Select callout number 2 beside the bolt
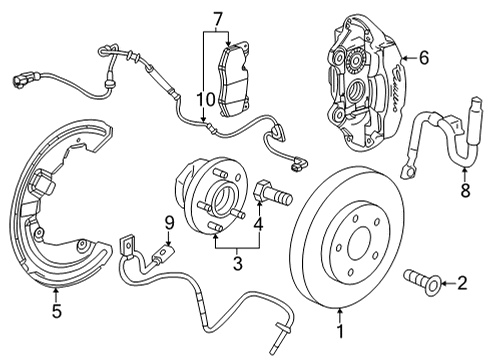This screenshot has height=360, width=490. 461,283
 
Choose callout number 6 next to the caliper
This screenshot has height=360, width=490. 424,59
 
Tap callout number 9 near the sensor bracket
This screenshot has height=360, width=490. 169,222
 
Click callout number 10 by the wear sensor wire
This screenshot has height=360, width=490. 204,98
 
